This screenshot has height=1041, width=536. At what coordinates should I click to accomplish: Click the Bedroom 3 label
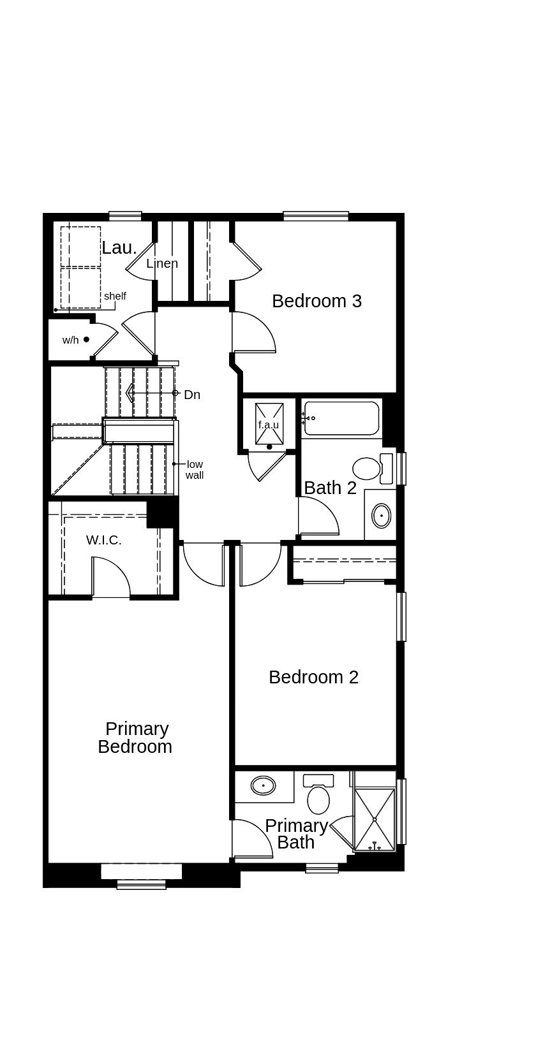coord(316,301)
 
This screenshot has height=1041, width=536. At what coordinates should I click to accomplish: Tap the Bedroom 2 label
coord(313,677)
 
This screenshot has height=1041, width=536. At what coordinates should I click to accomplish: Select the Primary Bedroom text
coord(135,738)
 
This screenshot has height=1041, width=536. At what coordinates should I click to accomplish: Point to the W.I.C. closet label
coord(104,541)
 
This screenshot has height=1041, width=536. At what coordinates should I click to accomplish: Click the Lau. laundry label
coord(119,248)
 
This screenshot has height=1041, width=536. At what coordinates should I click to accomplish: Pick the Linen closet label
coord(162,263)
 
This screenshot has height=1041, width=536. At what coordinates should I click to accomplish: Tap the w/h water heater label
coord(71,340)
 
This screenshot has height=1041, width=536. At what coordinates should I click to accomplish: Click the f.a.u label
coord(268,425)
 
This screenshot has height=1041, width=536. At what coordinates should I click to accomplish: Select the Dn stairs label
coord(192,395)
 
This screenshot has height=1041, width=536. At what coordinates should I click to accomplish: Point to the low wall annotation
coord(195,470)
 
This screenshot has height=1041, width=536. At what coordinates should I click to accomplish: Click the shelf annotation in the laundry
coord(115,296)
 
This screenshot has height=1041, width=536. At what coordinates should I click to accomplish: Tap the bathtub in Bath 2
coord(341,418)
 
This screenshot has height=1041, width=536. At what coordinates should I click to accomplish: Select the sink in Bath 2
coord(382,516)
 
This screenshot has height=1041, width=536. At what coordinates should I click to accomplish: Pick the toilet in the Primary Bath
coord(318,795)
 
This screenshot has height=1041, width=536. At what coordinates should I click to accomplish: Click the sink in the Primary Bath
coord(263,785)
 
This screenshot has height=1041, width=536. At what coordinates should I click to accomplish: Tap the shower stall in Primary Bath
coord(375,819)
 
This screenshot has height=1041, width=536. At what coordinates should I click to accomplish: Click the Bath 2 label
coord(330,488)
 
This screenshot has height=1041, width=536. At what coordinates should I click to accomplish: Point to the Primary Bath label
coord(296,834)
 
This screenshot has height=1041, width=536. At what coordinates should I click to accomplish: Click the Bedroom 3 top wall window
coord(316,216)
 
